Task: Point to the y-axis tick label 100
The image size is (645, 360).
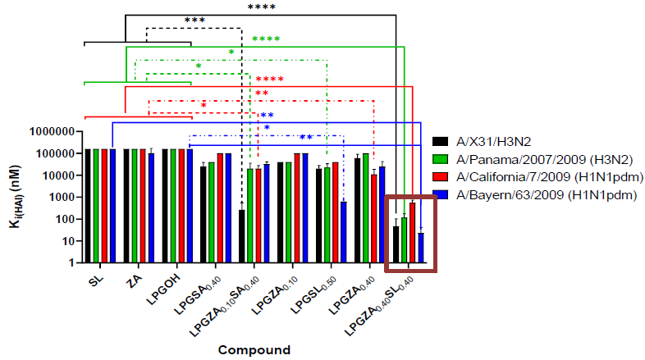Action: [66, 219]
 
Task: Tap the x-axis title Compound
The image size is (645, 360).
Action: [254, 349]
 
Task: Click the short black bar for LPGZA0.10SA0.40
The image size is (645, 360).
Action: [241, 236]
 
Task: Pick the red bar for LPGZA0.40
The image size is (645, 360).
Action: [374, 218]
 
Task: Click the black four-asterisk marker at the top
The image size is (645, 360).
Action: [262, 7]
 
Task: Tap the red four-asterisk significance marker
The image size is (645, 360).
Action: [269, 80]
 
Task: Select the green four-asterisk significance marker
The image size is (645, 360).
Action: [266, 39]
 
